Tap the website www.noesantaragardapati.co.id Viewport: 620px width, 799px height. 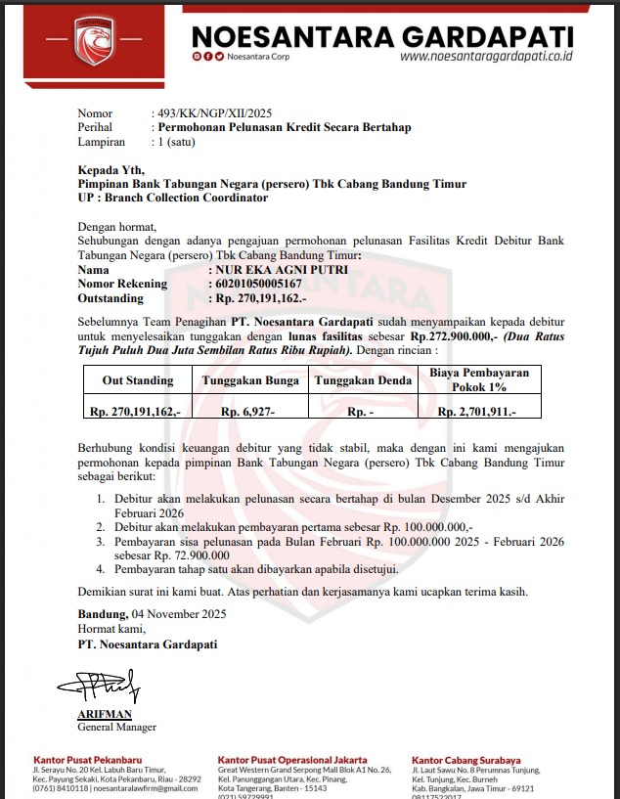click(486, 57)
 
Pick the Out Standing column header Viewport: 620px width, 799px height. click(138, 379)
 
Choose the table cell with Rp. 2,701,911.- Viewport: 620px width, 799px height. click(476, 413)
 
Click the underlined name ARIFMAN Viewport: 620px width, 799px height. click(105, 715)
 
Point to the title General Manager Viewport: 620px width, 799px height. click(116, 728)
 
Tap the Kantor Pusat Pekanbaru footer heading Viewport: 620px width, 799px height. click(88, 760)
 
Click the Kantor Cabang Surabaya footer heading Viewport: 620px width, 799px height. click(465, 760)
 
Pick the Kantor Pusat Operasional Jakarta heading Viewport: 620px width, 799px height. click(292, 760)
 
